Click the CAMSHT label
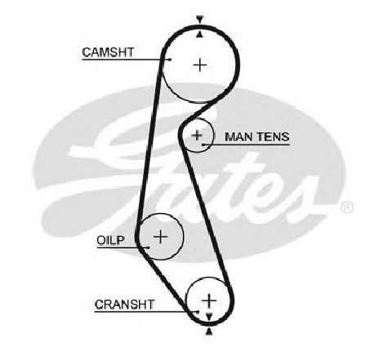[108, 52]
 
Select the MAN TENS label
[257, 136]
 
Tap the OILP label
[110, 240]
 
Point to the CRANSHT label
[124, 304]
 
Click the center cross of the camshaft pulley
[200, 65]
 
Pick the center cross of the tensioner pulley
[197, 136]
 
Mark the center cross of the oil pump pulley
[161, 237]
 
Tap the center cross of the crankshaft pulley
[209, 300]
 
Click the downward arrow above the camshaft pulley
[200, 20]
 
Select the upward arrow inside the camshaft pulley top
[200, 33]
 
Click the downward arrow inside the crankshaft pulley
[209, 317]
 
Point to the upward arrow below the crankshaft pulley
[209, 331]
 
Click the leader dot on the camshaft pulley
[171, 60]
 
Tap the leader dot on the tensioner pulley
[203, 144]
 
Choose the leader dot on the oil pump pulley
[148, 247]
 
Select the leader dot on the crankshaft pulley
[198, 312]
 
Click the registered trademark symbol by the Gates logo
[347, 207]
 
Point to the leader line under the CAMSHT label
[127, 60]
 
